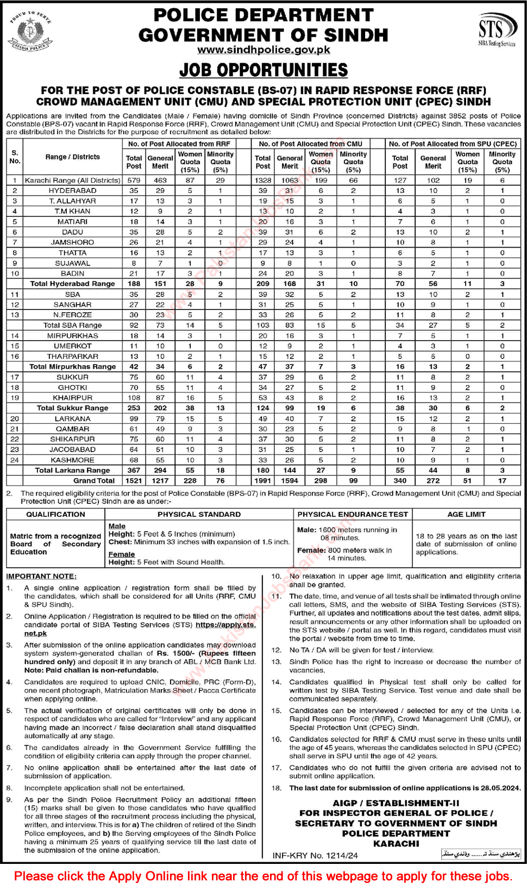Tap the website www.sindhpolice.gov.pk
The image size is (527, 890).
pyautogui.click(x=263, y=50)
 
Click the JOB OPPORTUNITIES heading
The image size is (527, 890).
pyautogui.click(x=263, y=70)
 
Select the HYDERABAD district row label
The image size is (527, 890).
pyautogui.click(x=72, y=190)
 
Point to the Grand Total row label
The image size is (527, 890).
pyautogui.click(x=94, y=480)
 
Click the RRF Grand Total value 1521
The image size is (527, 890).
pyautogui.click(x=134, y=480)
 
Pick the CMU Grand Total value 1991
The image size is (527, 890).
pyautogui.click(x=262, y=480)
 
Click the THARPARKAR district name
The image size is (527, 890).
pyautogui.click(x=72, y=356)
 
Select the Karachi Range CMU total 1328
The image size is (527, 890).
pyautogui.click(x=262, y=180)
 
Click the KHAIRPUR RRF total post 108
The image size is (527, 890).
pyautogui.click(x=134, y=398)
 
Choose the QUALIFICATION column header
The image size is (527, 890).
pyautogui.click(x=55, y=514)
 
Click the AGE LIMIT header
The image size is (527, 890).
pyautogui.click(x=466, y=514)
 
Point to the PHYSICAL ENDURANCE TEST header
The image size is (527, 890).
pyautogui.click(x=352, y=514)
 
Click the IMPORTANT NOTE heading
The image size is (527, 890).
pyautogui.click(x=41, y=576)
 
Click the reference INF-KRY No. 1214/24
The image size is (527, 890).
pyautogui.click(x=315, y=855)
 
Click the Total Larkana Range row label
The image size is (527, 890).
pyautogui.click(x=72, y=470)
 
